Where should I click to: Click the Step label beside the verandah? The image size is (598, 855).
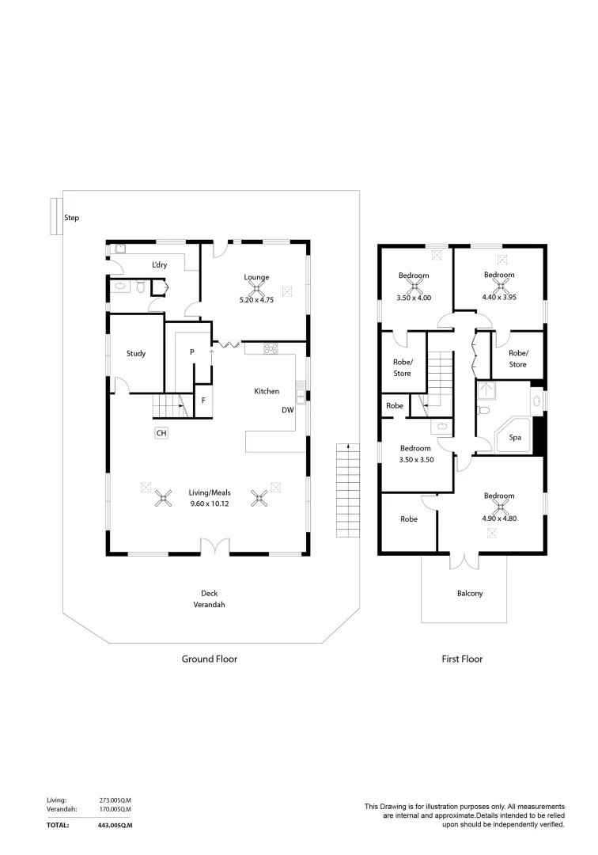pyautogui.click(x=71, y=217)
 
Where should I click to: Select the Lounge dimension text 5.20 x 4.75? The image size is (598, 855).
pyautogui.click(x=255, y=300)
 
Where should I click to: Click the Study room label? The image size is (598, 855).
pyautogui.click(x=136, y=354)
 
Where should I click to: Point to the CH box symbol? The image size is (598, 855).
pyautogui.click(x=161, y=433)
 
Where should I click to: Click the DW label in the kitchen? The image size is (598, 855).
pyautogui.click(x=288, y=410)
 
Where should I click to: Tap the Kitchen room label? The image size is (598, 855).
pyautogui.click(x=267, y=391)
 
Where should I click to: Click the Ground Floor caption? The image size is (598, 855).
pyautogui.click(x=210, y=659)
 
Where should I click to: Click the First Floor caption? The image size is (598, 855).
pyautogui.click(x=462, y=659)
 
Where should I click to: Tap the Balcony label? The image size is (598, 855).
pyautogui.click(x=470, y=593)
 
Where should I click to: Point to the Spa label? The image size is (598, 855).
pyautogui.click(x=514, y=436)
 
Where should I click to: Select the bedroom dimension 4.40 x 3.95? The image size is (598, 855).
pyautogui.click(x=499, y=298)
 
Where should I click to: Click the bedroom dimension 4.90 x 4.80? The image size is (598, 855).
pyautogui.click(x=499, y=518)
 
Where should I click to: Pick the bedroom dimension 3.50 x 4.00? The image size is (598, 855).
pyautogui.click(x=414, y=298)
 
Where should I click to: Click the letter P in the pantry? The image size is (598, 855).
pyautogui.click(x=192, y=352)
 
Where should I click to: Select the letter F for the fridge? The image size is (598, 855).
pyautogui.click(x=203, y=401)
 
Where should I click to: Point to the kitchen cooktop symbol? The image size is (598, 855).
pyautogui.click(x=271, y=348)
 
